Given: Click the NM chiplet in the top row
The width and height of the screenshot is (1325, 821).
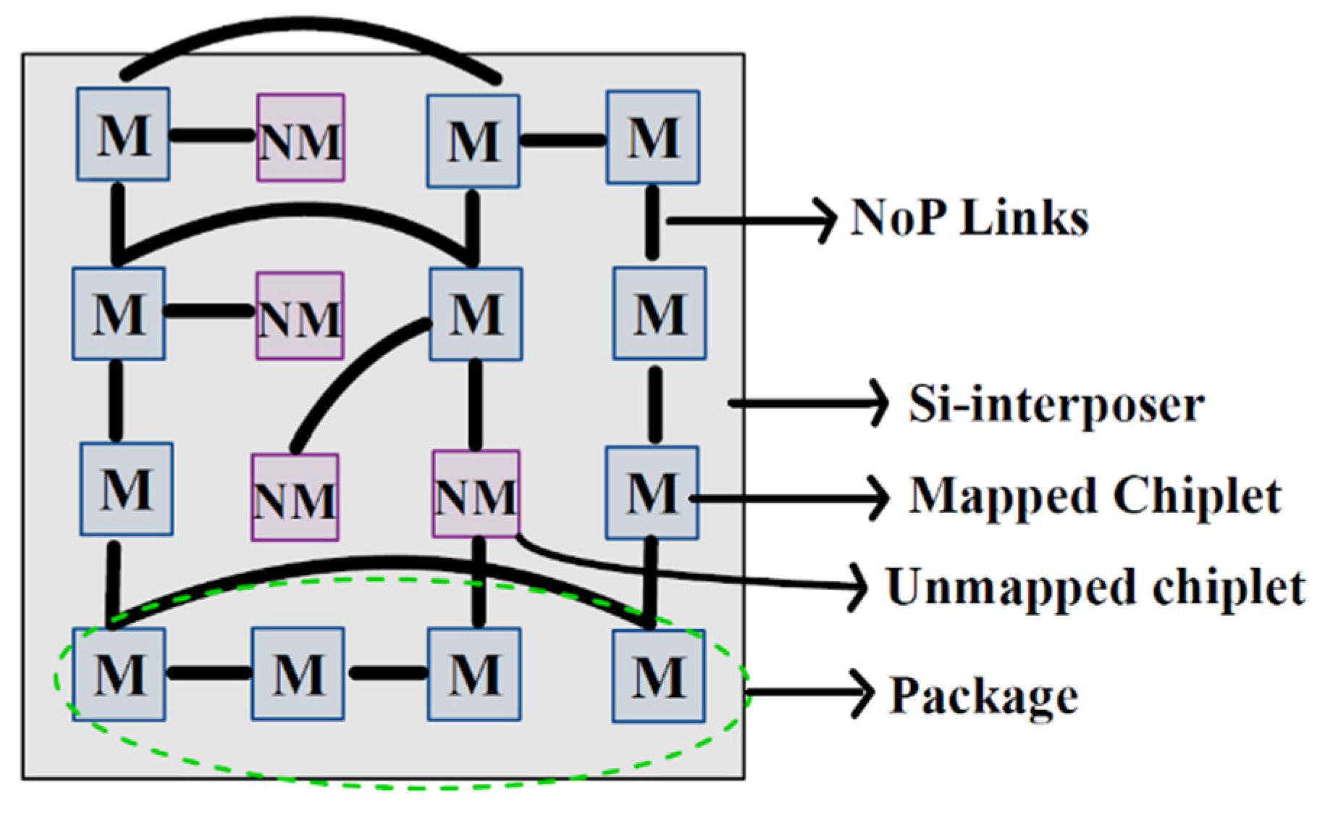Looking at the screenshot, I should (x=300, y=138).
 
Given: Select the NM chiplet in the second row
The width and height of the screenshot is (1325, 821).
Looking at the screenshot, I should (x=300, y=315).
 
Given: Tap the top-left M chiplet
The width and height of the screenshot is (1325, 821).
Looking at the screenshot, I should (x=123, y=134).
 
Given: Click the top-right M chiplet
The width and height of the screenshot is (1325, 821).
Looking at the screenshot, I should (x=653, y=136).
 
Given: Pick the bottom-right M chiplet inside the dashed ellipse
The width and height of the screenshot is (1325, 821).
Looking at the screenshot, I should (x=658, y=676).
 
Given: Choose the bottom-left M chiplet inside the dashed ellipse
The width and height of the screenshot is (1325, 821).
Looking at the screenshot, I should (x=119, y=675).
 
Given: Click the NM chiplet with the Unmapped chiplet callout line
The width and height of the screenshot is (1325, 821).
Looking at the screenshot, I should (x=476, y=494).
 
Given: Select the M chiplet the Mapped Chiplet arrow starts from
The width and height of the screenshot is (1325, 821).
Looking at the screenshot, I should (x=652, y=493).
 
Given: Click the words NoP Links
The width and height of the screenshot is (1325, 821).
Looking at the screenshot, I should (x=969, y=217).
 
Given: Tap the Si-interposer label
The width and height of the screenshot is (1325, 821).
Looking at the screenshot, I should (x=1056, y=404).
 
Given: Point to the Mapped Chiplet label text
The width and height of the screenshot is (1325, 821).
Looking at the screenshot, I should (x=1095, y=496).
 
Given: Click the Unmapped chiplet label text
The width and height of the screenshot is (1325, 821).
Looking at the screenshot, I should (x=1095, y=586).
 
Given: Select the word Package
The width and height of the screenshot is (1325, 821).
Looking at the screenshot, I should (x=983, y=695).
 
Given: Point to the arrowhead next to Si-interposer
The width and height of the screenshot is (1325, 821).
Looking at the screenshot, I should (x=878, y=402).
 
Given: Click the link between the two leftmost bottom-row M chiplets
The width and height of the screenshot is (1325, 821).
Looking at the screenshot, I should (x=209, y=674).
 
